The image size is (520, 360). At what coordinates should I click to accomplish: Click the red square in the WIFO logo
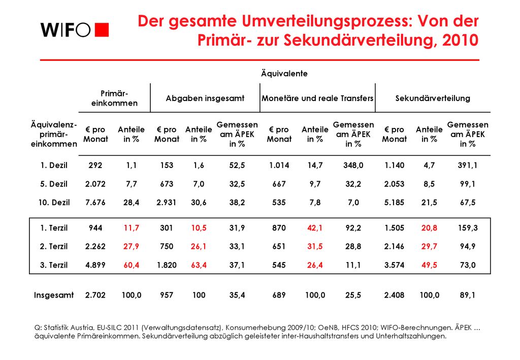pos(102,29)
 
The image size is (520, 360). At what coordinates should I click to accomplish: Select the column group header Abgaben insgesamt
pos(205,98)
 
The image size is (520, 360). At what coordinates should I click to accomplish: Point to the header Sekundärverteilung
pos(433,98)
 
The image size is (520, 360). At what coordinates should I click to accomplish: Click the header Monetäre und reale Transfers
pos(317,98)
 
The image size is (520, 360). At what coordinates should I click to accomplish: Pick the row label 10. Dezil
pos(54,202)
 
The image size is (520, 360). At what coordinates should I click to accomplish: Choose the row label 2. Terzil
pos(54,246)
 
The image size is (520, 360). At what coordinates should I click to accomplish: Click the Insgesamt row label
pos(54,295)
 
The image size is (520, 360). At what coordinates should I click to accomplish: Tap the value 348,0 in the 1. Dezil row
pos(353,165)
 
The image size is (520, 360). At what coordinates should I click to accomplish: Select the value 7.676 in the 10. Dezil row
pos(95,202)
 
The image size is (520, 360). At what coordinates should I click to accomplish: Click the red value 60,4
pos(132,265)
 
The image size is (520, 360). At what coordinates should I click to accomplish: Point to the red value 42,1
pos(315,228)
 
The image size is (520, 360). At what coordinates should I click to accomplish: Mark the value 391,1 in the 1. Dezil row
pos(468,165)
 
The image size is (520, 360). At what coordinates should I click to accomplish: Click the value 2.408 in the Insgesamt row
pos(394,295)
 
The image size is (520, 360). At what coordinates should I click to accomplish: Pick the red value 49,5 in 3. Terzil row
pos(429,265)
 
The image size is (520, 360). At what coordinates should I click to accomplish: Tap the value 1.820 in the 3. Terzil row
pos(167,265)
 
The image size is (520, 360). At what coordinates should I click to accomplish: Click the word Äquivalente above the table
pos(284,73)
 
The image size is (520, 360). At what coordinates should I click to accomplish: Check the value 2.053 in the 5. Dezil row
pos(394,184)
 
